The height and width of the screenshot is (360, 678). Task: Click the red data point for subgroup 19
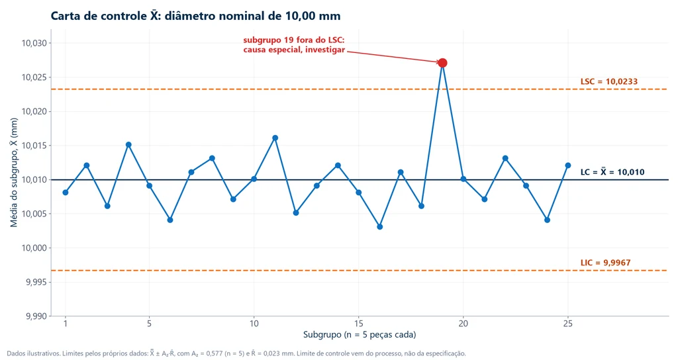point(442,63)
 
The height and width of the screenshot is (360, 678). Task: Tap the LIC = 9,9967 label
point(605,263)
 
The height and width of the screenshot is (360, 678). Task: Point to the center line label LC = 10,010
point(612,171)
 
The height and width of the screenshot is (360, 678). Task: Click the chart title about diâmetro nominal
point(195,16)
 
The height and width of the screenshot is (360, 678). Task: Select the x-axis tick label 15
point(358,324)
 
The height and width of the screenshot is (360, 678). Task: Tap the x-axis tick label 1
point(66,324)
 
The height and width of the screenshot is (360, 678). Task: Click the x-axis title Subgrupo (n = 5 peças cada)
point(360,334)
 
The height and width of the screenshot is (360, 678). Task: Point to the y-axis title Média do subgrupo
point(14,173)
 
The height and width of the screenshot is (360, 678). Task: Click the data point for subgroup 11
point(275,138)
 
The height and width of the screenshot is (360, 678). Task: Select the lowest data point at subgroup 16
point(379,227)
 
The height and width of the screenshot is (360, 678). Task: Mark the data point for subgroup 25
point(567,165)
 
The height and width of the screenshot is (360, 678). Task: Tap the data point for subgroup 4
point(128,145)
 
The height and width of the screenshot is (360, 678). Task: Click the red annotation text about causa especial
point(294,45)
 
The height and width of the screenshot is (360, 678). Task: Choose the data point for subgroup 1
point(66,193)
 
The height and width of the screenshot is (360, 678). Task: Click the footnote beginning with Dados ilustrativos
point(236,353)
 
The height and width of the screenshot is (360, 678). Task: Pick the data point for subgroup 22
point(505,159)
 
